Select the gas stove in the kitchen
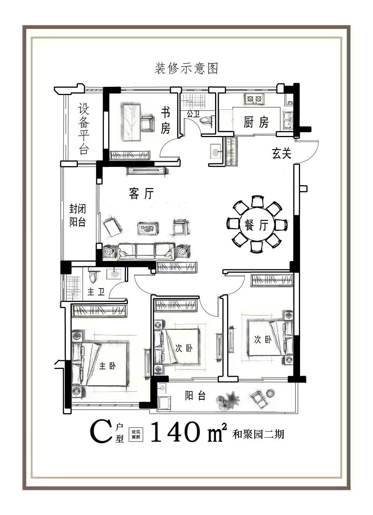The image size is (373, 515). pos(254,99)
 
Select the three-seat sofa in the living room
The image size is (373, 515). pos(146,252)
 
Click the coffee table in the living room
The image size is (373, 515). pos(148,228)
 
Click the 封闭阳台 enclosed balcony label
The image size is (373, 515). pos(77,216)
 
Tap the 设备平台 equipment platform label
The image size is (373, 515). pos(84,128)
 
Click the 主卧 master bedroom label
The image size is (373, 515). pos(107,366)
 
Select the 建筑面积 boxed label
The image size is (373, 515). pos(136,435)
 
